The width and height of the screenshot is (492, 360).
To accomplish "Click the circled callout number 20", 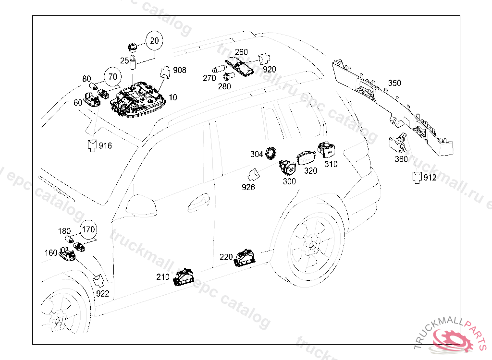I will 154,41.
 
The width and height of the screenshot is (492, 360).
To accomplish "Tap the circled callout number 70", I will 112,76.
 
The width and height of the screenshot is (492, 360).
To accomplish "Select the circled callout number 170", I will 88,229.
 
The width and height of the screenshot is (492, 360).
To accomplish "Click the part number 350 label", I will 394,83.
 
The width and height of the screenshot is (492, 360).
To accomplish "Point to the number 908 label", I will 180,70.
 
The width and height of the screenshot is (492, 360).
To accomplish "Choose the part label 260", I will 241,52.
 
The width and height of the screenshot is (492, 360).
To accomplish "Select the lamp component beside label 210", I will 184,277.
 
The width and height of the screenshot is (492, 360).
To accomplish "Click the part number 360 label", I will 401,159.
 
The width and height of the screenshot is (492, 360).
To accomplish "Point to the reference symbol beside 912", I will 417,177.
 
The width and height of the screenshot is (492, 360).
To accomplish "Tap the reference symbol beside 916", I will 92,144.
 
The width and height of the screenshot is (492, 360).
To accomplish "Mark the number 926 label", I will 248,187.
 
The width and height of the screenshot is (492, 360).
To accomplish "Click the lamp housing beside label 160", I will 67,253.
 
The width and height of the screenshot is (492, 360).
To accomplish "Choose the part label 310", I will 331,164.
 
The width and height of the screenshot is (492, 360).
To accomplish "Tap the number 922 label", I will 102,293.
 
